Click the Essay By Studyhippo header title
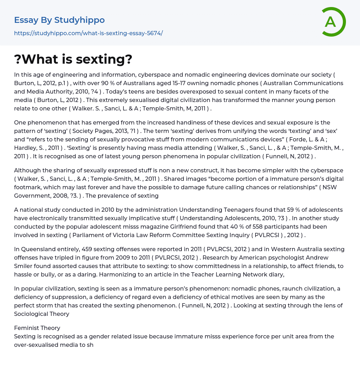(x=59, y=20)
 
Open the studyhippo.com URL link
(x=88, y=33)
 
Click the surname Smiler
(x=24, y=266)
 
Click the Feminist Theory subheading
(x=37, y=328)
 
